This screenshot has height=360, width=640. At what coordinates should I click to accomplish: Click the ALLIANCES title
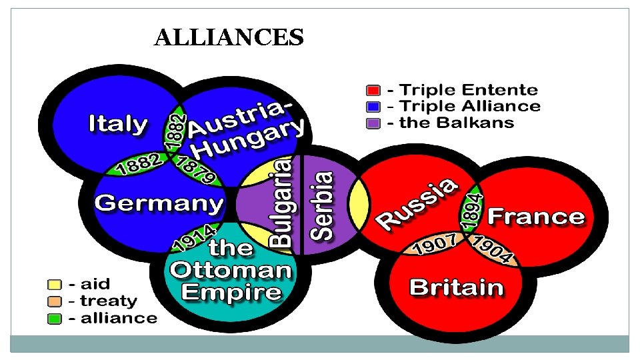tap(229, 37)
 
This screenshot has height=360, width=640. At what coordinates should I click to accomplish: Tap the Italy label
tap(118, 124)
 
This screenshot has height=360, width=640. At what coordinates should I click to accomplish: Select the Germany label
tap(159, 203)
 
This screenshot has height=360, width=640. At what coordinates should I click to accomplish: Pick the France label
tap(536, 217)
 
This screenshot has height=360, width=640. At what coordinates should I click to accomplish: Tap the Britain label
tap(456, 288)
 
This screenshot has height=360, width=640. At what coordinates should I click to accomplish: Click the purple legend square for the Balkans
tap(373, 123)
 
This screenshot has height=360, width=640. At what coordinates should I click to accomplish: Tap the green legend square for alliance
tap(54, 319)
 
